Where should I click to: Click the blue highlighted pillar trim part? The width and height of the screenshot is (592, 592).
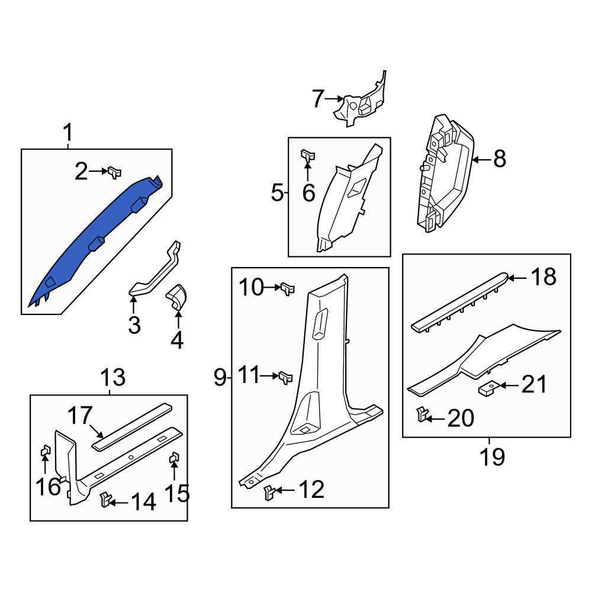click(x=94, y=238)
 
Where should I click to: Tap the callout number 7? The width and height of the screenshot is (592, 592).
click(x=318, y=98)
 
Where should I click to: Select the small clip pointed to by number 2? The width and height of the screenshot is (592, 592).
click(x=114, y=172)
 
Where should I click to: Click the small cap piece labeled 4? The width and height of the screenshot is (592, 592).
click(x=176, y=297)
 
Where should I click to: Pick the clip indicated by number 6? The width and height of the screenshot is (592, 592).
click(x=308, y=155)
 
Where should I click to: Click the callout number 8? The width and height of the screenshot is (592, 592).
click(x=500, y=159)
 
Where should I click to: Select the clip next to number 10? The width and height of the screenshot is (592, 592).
click(x=288, y=289)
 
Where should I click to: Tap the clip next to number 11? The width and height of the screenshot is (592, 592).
click(x=286, y=378)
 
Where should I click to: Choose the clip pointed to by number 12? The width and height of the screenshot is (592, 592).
click(x=270, y=493)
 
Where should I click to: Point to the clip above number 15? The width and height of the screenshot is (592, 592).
click(x=174, y=458)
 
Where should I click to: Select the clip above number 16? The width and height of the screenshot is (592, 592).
click(x=46, y=451)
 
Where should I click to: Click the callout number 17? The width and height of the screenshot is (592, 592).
click(x=80, y=416)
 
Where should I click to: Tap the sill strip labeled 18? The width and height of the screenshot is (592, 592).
click(x=461, y=302)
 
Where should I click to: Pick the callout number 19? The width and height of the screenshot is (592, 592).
click(x=493, y=457)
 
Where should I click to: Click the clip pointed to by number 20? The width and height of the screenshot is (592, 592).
click(x=422, y=414)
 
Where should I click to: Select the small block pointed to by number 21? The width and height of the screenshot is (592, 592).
click(x=490, y=388)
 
